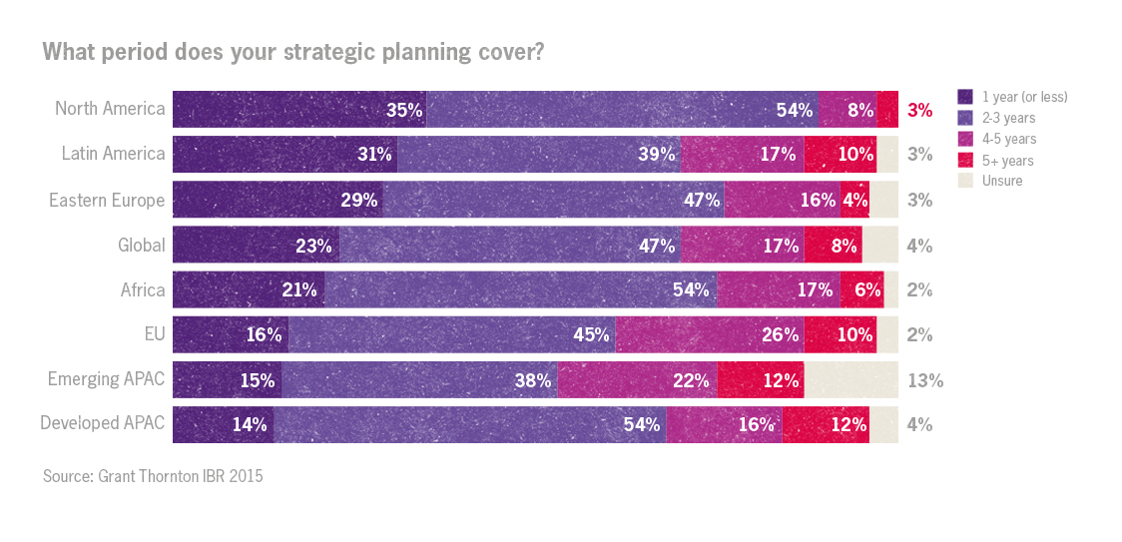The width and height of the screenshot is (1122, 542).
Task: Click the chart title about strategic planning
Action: point(292,52)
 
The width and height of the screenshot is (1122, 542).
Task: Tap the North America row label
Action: point(110,109)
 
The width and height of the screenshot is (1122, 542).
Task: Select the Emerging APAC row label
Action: point(106,379)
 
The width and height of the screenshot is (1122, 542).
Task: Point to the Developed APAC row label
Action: point(102,424)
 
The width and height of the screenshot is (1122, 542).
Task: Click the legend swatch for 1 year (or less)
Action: point(965,97)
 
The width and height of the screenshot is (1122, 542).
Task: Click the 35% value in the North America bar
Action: point(404,110)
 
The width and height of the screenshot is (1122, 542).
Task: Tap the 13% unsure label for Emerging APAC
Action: point(924,380)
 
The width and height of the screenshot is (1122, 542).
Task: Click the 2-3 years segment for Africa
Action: point(519,289)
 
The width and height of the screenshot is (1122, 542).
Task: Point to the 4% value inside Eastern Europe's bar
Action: point(854,200)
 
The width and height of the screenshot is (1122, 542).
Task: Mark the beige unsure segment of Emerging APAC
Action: point(850,380)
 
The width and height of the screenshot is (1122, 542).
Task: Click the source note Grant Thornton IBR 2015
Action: point(153,476)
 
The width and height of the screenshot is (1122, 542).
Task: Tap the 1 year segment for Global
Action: point(256,245)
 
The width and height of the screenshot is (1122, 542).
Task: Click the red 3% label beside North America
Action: point(919,110)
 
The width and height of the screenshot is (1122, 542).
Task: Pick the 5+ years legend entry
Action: point(1007,160)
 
